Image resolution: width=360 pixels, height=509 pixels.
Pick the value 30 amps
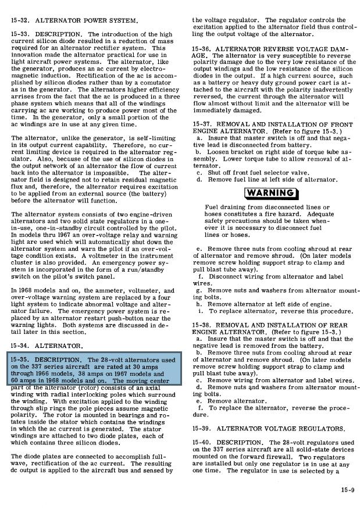click(x=153, y=367)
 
